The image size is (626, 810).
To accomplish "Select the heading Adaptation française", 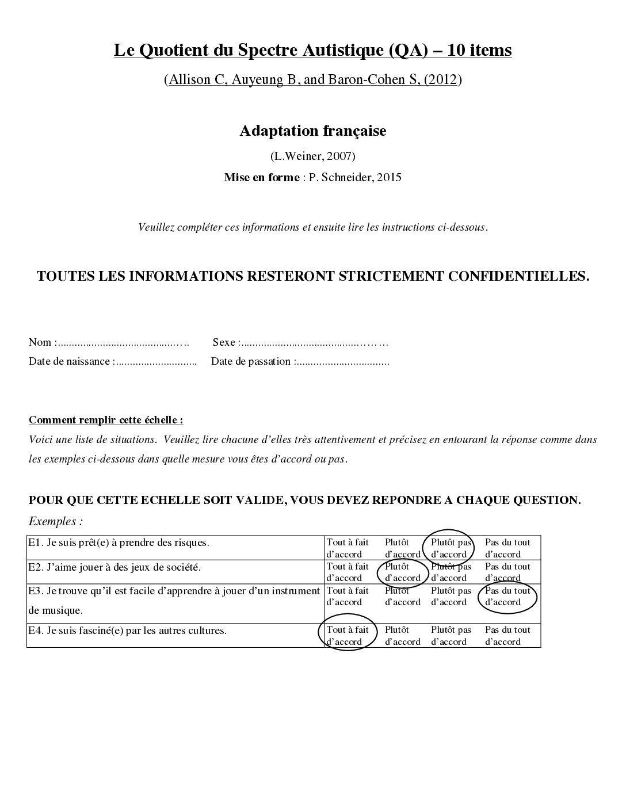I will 312,131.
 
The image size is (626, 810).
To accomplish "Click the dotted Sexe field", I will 314,343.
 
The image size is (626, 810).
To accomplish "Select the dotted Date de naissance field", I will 156,362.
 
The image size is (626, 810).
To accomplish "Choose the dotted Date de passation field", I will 342,362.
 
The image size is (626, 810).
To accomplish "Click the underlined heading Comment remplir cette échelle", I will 106,420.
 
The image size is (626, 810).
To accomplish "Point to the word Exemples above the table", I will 55,522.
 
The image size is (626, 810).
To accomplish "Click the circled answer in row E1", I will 449,548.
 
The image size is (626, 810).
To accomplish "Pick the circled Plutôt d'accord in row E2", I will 402,572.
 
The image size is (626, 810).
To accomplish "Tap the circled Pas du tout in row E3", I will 507,596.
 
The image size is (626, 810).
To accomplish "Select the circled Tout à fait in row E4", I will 347,635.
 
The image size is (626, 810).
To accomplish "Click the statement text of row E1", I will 119,542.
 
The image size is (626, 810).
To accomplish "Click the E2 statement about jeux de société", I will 114,567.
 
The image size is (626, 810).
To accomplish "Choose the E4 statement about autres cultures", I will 127,630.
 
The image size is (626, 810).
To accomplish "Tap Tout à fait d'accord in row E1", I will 348,548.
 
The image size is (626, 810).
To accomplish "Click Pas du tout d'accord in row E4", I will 507,635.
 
